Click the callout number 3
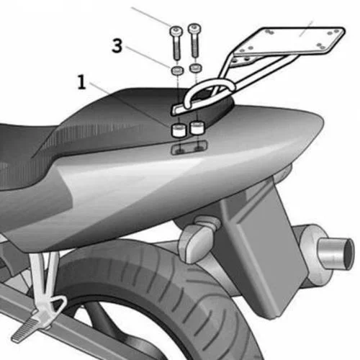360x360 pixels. (x=117, y=46)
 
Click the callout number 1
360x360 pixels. (x=82, y=82)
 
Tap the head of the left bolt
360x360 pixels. (x=176, y=31)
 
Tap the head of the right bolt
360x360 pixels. (x=194, y=28)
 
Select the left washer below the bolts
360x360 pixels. (x=177, y=71)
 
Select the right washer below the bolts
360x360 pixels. (x=196, y=68)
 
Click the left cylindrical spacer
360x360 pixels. (x=179, y=130)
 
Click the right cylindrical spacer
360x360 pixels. (x=197, y=127)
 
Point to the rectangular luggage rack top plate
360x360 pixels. (x=288, y=41)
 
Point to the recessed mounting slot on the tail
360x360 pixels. (x=189, y=148)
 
